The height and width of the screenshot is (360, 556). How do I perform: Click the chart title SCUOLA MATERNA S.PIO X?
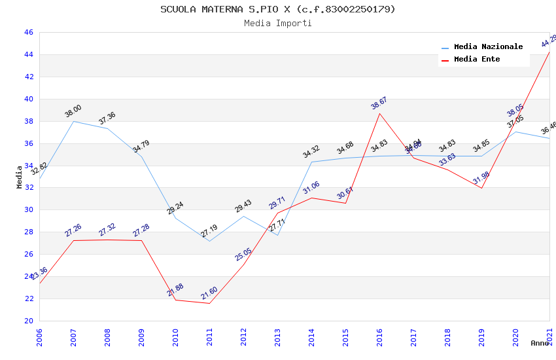[278, 9]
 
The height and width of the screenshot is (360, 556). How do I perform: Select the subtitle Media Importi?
[278, 23]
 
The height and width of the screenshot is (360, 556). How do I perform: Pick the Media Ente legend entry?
[477, 60]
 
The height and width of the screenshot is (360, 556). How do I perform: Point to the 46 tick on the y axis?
[28, 33]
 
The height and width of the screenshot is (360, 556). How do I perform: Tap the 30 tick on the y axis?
[28, 210]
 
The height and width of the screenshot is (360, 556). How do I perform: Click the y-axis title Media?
[20, 177]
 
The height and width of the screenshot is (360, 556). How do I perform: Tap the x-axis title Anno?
[540, 343]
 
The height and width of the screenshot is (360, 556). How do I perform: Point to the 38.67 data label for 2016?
[379, 103]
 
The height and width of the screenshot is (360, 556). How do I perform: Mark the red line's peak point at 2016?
[379, 113]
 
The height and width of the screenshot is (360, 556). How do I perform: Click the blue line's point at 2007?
[73, 121]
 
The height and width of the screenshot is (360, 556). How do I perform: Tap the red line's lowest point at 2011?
[209, 303]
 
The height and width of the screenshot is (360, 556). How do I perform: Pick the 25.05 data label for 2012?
[243, 255]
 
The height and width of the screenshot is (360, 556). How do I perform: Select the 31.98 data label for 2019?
[481, 178]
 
